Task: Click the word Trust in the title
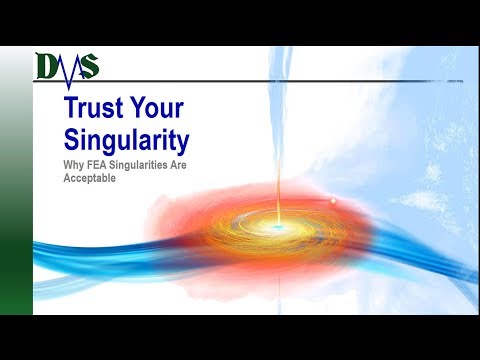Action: (91, 109)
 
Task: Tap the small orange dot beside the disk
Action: (331, 201)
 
